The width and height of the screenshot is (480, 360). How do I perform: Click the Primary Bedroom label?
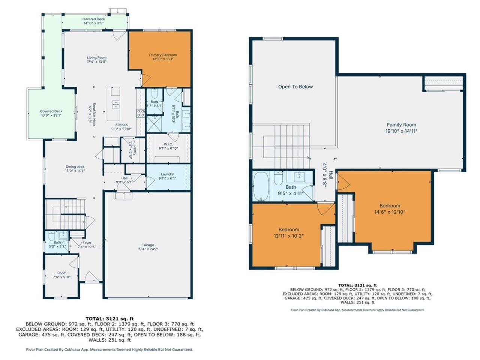pyautogui.click(x=164, y=55)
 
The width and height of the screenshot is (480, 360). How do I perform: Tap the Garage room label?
pyautogui.click(x=148, y=245)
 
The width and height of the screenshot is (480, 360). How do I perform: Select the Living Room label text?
pyautogui.click(x=97, y=58)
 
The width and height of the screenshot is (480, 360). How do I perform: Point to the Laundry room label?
pyautogui.click(x=167, y=174)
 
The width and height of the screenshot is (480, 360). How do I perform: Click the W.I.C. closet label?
pyautogui.click(x=168, y=144)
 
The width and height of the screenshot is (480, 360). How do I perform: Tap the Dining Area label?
pyautogui.click(x=75, y=166)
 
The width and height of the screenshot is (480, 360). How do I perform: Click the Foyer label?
pyautogui.click(x=87, y=243)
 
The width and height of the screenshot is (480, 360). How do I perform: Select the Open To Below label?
pyautogui.click(x=295, y=87)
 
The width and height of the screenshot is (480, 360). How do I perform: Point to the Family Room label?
pyautogui.click(x=401, y=125)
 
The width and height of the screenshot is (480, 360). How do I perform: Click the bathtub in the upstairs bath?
pyautogui.click(x=259, y=186)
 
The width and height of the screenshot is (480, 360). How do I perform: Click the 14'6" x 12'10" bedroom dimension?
pyautogui.click(x=390, y=211)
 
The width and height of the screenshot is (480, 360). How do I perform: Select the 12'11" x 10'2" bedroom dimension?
pyautogui.click(x=288, y=235)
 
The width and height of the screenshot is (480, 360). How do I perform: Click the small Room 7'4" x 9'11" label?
pyautogui.click(x=62, y=273)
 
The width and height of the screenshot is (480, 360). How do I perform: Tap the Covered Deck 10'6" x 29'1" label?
pyautogui.click(x=51, y=111)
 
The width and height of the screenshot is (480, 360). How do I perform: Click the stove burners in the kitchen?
pyautogui.click(x=141, y=113)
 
